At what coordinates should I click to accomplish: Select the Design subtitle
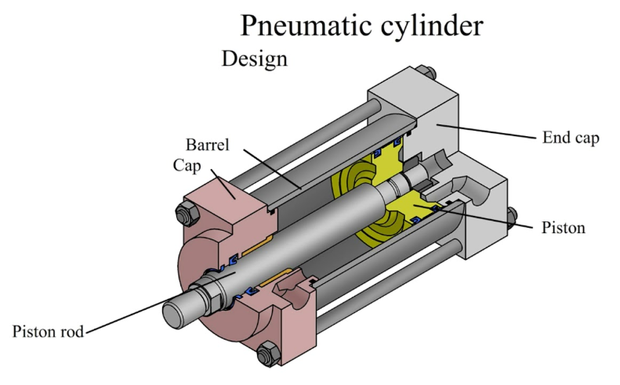pyautogui.click(x=255, y=59)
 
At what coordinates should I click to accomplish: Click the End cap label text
pyautogui.click(x=571, y=139)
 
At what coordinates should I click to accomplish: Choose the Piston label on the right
pyautogui.click(x=563, y=228)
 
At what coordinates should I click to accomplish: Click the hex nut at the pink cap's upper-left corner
pyautogui.click(x=187, y=212)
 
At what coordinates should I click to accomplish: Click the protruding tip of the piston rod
pyautogui.click(x=174, y=312)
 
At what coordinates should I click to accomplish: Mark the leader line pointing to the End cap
pyautogui.click(x=486, y=131)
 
